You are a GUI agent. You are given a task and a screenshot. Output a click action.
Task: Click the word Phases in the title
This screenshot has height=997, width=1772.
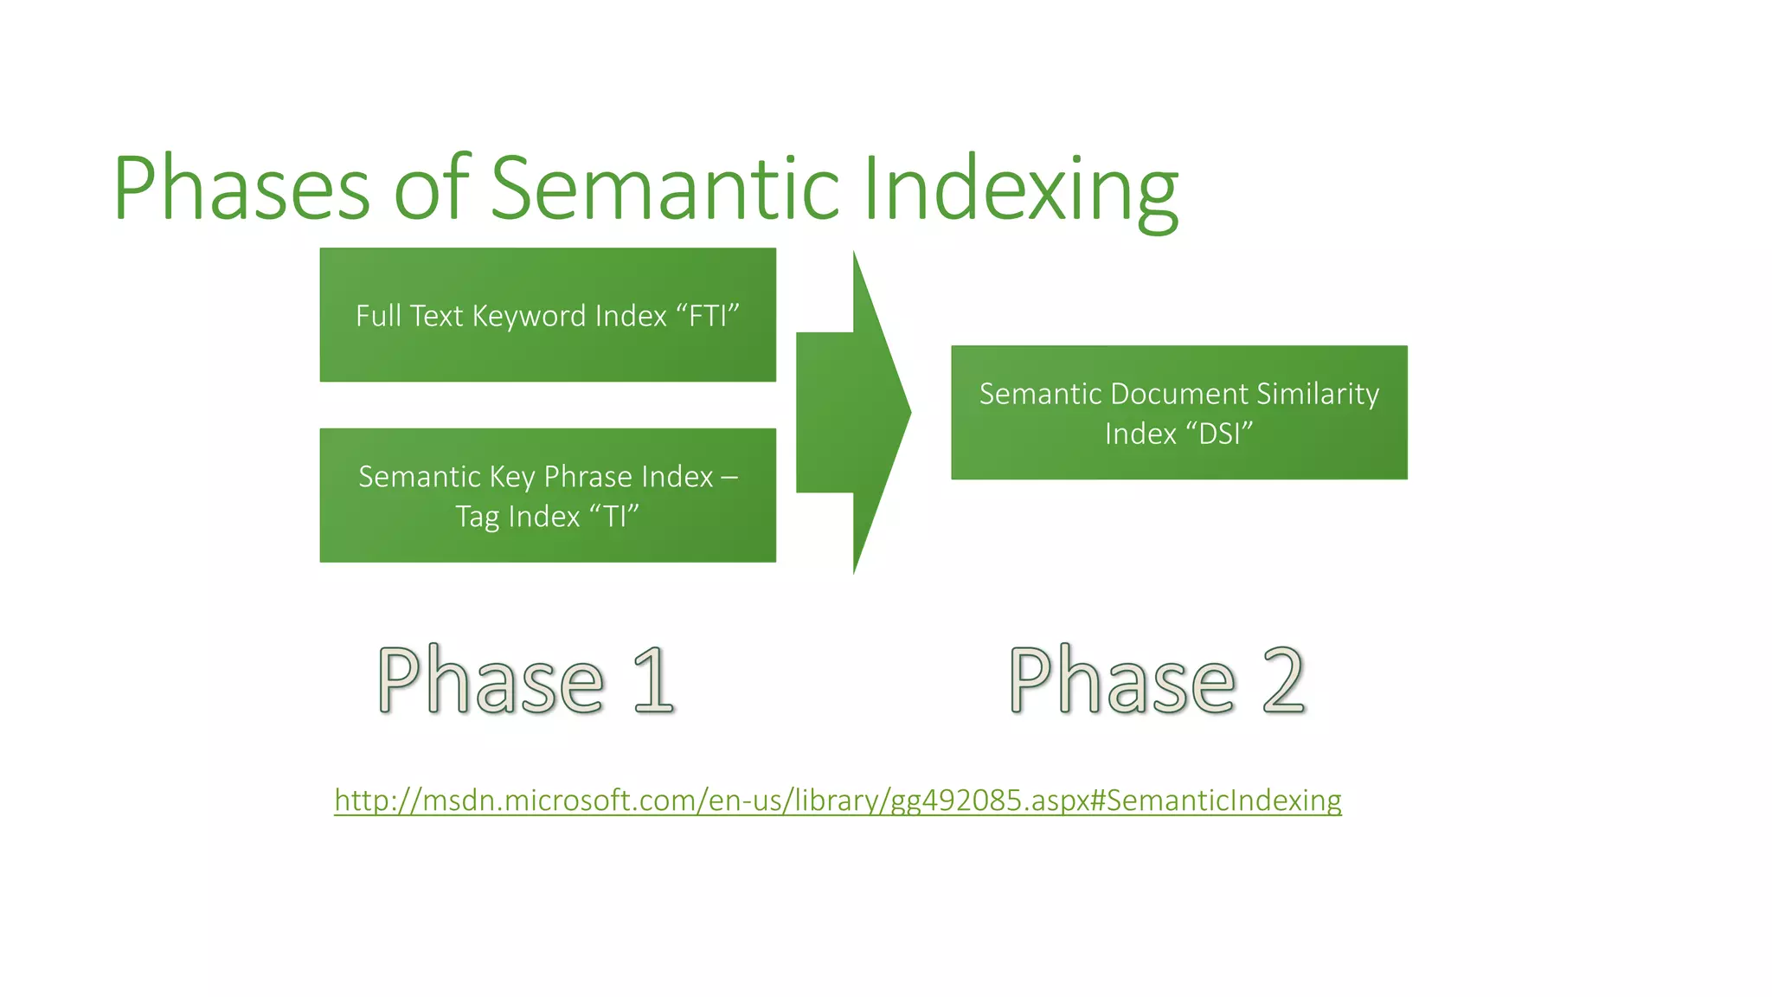(241, 189)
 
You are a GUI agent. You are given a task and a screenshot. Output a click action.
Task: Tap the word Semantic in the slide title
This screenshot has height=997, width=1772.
(664, 189)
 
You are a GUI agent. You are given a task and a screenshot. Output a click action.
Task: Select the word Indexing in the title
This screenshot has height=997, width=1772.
(1021, 189)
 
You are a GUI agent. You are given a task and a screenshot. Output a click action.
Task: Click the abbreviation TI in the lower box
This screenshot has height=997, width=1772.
(614, 517)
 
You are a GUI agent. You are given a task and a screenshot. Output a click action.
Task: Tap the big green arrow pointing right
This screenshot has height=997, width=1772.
(852, 412)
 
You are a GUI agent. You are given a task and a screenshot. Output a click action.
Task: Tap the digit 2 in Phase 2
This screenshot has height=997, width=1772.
(1283, 681)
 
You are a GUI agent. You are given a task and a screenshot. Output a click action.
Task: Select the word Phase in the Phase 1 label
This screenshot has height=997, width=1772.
(491, 681)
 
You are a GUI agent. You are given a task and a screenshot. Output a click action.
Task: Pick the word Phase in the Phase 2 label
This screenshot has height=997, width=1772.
(1122, 681)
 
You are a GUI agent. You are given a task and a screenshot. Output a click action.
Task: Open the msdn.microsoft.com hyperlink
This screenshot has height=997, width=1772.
(838, 800)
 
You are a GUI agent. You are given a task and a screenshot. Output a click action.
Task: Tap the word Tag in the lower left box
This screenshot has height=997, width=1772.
(477, 517)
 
